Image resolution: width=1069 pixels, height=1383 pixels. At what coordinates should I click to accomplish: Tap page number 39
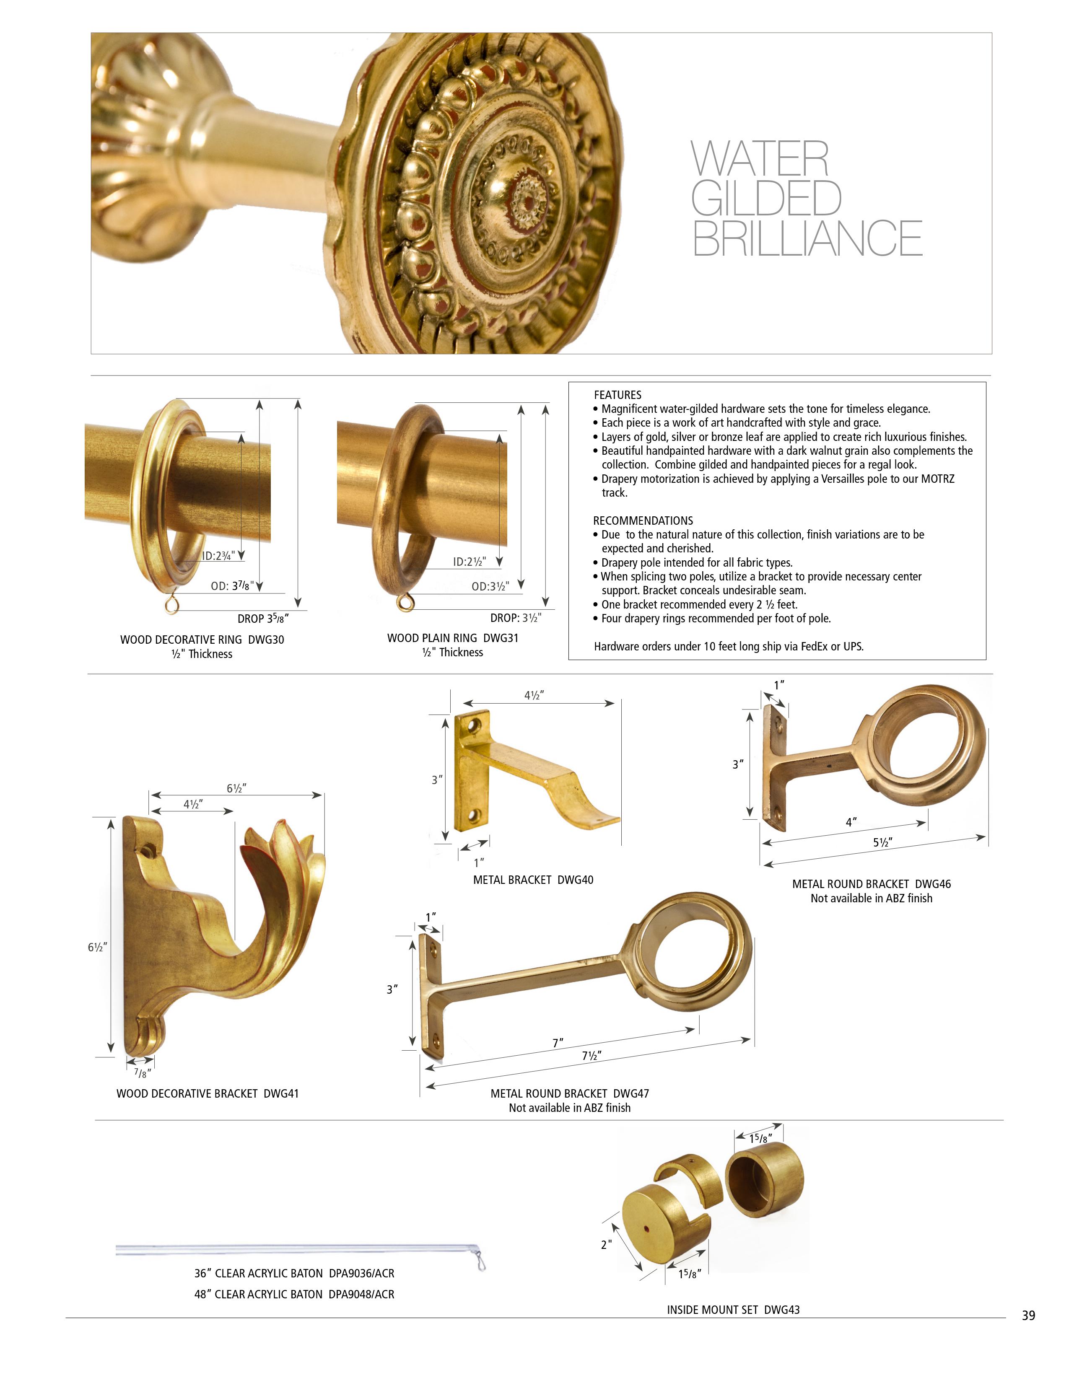click(x=1028, y=1316)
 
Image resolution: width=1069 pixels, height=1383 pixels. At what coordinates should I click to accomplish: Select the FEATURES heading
click(x=618, y=394)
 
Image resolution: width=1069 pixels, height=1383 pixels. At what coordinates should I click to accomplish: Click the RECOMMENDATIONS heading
click(x=643, y=521)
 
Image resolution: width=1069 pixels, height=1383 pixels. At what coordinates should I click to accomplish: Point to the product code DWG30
click(x=266, y=640)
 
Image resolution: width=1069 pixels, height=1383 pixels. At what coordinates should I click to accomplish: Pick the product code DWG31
click(x=501, y=638)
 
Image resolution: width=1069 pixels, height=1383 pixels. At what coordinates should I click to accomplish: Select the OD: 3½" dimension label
click(x=490, y=586)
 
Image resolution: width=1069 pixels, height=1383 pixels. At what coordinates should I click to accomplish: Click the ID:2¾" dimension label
click(x=218, y=556)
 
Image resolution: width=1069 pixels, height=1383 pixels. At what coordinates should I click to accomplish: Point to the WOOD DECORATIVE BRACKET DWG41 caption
click(x=208, y=1093)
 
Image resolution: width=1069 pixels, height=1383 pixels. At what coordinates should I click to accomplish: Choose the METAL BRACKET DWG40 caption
click(x=533, y=880)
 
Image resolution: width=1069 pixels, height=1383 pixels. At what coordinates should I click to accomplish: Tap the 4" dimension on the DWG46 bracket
click(x=851, y=822)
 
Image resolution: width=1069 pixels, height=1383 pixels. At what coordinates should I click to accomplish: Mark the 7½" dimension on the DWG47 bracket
click(x=592, y=1056)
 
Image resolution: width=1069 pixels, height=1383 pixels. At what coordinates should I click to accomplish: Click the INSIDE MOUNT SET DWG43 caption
click(x=733, y=1310)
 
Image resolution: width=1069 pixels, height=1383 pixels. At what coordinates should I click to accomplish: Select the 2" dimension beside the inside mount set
click(x=606, y=1244)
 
